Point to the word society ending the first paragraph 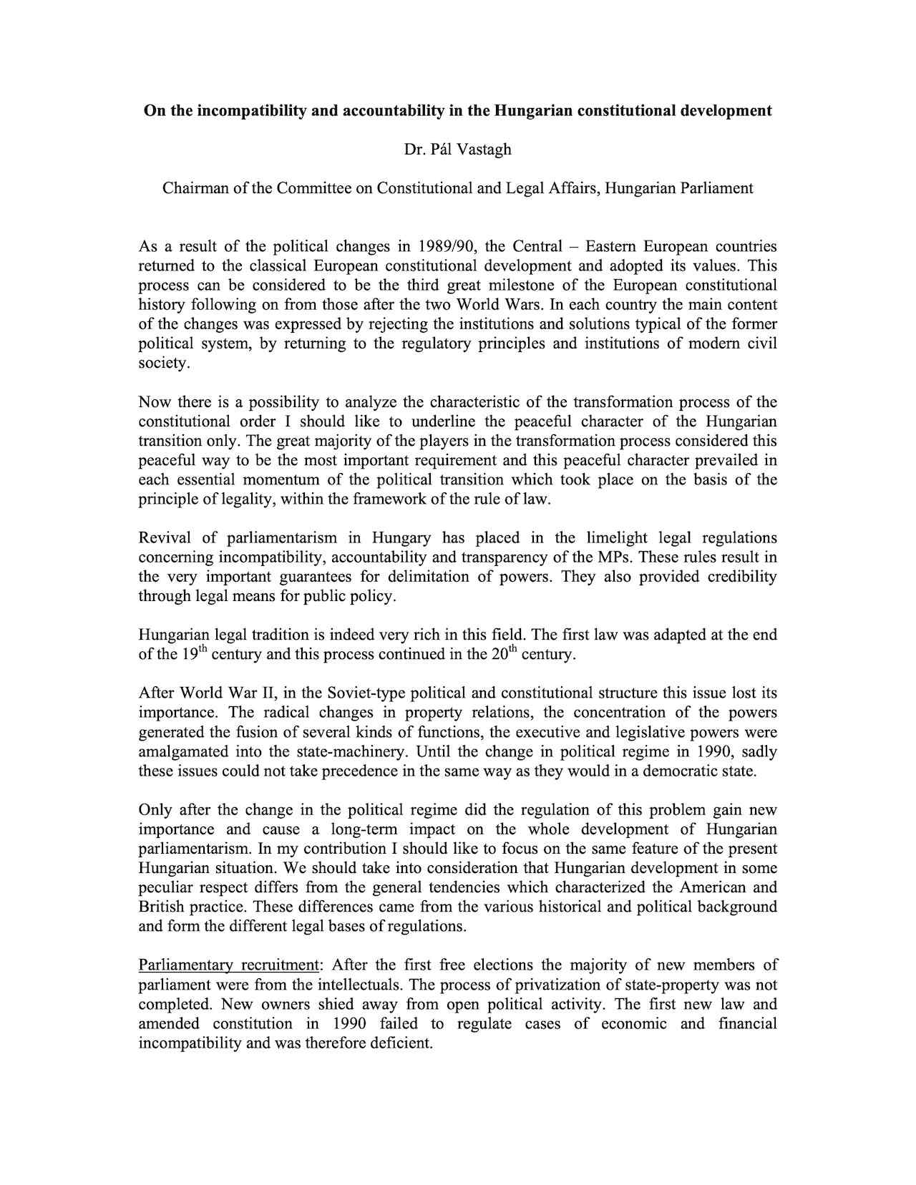[164, 364]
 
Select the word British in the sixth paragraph [162, 907]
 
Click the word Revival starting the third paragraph [165, 538]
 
